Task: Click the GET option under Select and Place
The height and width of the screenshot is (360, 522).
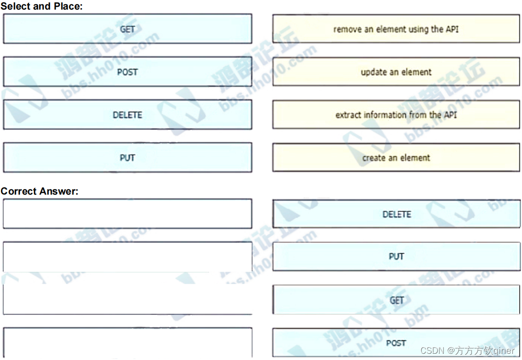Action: click(128, 29)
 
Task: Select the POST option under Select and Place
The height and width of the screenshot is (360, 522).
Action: click(128, 72)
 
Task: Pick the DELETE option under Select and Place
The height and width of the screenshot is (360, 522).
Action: click(128, 115)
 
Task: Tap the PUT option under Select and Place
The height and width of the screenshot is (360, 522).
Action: click(128, 158)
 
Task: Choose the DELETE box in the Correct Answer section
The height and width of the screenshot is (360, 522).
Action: click(396, 214)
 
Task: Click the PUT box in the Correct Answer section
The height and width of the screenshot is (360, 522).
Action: click(396, 256)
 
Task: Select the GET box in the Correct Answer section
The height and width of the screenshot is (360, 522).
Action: click(396, 300)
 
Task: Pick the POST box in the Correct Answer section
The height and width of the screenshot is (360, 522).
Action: click(396, 343)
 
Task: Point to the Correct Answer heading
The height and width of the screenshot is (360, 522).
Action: click(39, 191)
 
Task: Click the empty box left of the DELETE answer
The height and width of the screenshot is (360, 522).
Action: click(128, 214)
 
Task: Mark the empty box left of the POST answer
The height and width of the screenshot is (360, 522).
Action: click(128, 342)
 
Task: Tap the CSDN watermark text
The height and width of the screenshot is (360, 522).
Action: click(467, 351)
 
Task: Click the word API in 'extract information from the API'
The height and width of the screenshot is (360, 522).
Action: click(451, 115)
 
